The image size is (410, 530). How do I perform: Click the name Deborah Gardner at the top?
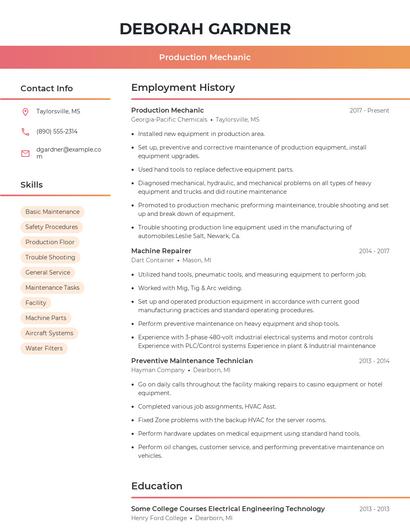[205, 28]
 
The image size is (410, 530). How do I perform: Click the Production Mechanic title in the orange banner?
[205, 57]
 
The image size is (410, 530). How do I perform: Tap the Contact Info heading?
[47, 88]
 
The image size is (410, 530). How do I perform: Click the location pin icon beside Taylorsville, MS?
[25, 112]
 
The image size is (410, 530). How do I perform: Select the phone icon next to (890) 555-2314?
[25, 131]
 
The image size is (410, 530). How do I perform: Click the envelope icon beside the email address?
[25, 153]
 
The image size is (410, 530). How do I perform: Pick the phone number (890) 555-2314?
[57, 131]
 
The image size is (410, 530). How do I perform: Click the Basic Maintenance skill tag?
[52, 212]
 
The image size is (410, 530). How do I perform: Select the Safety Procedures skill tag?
[51, 227]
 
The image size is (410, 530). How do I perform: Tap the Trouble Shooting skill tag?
[50, 257]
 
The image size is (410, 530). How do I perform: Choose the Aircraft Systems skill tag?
[49, 333]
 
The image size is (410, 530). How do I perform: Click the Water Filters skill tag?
[44, 348]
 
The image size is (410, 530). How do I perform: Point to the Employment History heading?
[183, 88]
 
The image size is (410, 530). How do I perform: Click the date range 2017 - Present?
[369, 110]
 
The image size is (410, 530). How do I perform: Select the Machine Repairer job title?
[161, 250]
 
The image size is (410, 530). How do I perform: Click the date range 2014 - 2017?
[374, 250]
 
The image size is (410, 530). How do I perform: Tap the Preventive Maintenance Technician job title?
[192, 360]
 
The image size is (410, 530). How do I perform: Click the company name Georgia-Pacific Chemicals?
[169, 119]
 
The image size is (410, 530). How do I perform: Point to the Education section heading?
[157, 486]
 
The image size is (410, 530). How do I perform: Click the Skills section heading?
[32, 185]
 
